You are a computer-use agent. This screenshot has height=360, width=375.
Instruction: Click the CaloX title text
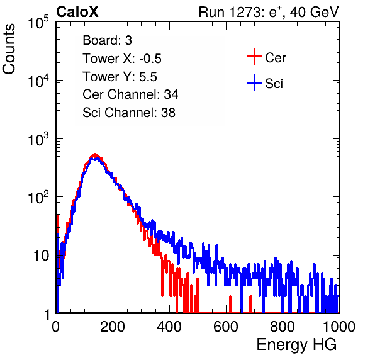pyautogui.click(x=77, y=12)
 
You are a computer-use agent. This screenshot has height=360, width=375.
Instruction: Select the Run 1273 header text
pyautogui.click(x=269, y=12)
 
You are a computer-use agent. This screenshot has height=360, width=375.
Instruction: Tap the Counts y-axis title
pyautogui.click(x=9, y=48)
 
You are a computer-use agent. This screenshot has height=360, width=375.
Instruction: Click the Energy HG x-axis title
pyautogui.click(x=296, y=345)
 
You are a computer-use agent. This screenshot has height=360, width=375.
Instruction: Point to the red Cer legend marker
pyautogui.click(x=254, y=57)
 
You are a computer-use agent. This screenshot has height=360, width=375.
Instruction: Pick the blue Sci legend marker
pyautogui.click(x=254, y=82)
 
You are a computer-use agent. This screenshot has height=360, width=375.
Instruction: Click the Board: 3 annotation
pyautogui.click(x=107, y=40)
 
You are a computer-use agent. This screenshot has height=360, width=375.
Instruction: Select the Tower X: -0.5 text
pyautogui.click(x=122, y=59)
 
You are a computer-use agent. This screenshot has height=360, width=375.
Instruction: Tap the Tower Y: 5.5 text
pyautogui.click(x=120, y=77)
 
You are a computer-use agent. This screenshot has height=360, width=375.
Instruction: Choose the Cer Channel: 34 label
pyautogui.click(x=130, y=94)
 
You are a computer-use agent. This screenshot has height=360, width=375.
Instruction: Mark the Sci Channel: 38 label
pyautogui.click(x=129, y=113)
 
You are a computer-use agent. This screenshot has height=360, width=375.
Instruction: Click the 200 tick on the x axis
pyautogui.click(x=113, y=327)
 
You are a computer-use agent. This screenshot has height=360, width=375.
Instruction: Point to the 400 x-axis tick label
pyautogui.click(x=169, y=327)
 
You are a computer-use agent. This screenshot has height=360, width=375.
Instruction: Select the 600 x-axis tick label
pyautogui.click(x=226, y=327)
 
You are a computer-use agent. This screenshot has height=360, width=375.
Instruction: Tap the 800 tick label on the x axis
pyautogui.click(x=283, y=327)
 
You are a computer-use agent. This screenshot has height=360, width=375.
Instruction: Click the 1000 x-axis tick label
pyautogui.click(x=339, y=327)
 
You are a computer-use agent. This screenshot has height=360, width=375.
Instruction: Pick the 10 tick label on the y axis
pyautogui.click(x=41, y=256)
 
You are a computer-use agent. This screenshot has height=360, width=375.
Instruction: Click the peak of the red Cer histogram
pyautogui.click(x=95, y=154)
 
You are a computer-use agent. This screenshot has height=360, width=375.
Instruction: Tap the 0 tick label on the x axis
pyautogui.click(x=55, y=327)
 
